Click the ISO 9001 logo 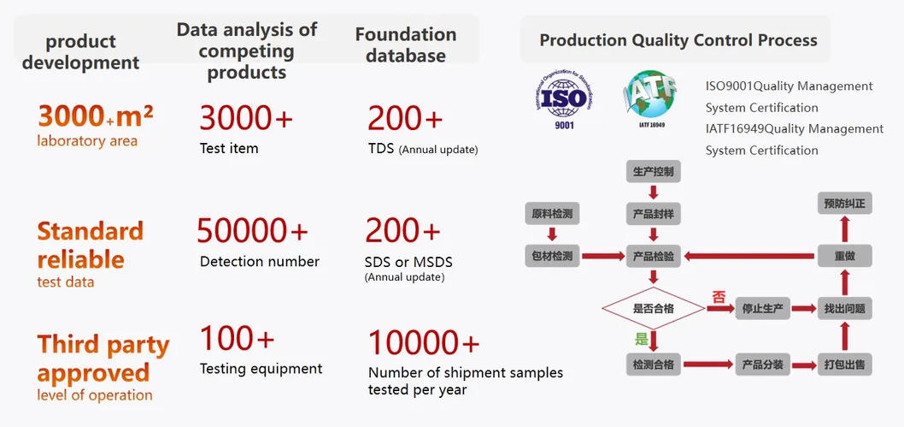click(563, 100)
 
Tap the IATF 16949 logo click(650, 98)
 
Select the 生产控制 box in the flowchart click(653, 171)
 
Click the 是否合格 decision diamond click(653, 308)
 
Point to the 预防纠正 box click(844, 204)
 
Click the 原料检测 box click(551, 213)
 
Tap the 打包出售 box click(844, 365)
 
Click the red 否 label click(719, 297)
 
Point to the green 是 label click(641, 338)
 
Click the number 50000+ click(252, 231)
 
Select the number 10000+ click(424, 344)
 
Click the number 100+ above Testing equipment click(237, 339)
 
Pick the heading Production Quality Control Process click(678, 40)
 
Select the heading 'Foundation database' click(405, 45)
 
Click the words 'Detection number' click(259, 262)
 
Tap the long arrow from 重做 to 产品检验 click(749, 255)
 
